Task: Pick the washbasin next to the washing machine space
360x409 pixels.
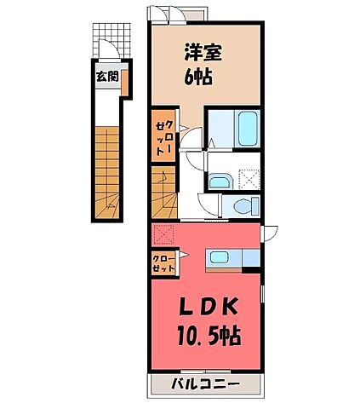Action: (218, 180)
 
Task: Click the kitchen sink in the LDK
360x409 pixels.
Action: (220, 258)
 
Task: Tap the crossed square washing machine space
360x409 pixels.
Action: (249, 178)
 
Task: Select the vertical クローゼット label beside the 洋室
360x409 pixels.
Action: (163, 136)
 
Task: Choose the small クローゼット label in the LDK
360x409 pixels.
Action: (164, 262)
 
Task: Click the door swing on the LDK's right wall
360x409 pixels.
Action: (269, 233)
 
